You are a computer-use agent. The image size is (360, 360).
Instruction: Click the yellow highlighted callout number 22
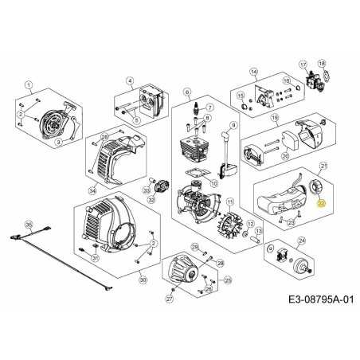pyautogui.click(x=321, y=204)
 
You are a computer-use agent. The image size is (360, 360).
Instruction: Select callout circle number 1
pyautogui.click(x=29, y=84)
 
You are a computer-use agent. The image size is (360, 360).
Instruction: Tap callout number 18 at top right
pyautogui.click(x=322, y=63)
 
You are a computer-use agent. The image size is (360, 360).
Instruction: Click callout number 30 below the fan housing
pyautogui.click(x=143, y=280)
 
